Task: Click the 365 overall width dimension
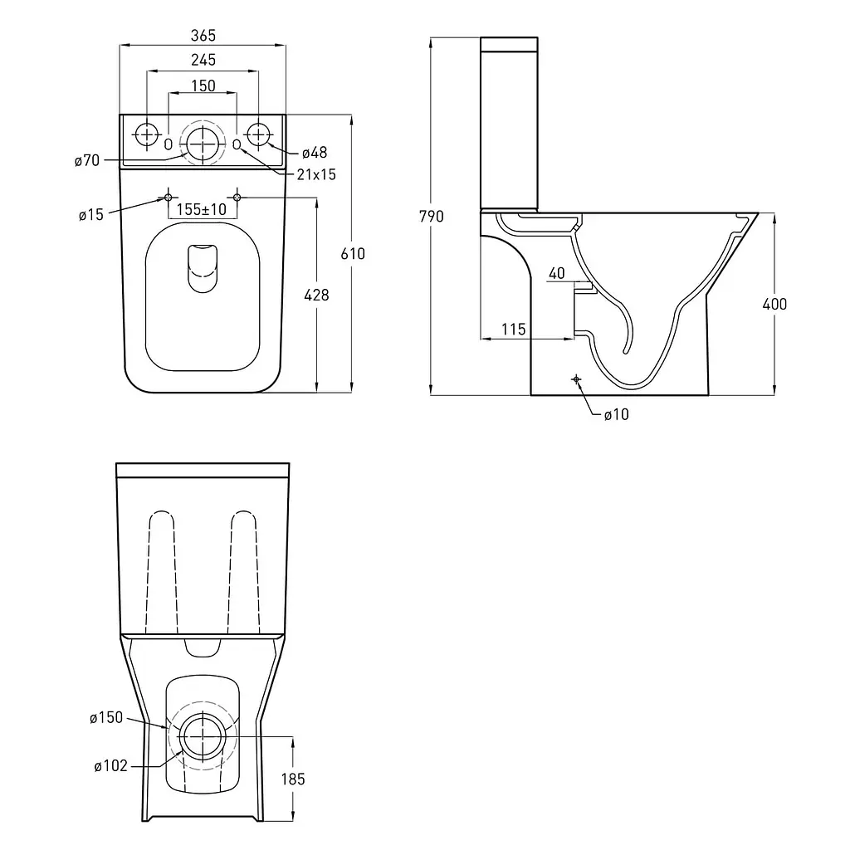[203, 36]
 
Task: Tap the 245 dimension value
[203, 60]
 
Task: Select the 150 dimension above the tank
[203, 85]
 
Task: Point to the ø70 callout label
[87, 160]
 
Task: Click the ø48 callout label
[315, 153]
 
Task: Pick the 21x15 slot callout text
[316, 174]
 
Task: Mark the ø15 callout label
[90, 215]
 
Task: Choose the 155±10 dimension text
[201, 209]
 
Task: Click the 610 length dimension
[353, 254]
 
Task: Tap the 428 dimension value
[316, 295]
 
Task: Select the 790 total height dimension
[432, 217]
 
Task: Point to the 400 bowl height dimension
[774, 304]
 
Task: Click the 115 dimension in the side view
[513, 329]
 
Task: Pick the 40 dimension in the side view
[557, 273]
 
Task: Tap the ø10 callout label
[617, 415]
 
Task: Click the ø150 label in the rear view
[106, 718]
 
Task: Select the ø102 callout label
[110, 766]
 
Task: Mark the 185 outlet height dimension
[293, 779]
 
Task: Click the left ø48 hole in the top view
[146, 134]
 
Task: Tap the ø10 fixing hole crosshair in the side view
[576, 379]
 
